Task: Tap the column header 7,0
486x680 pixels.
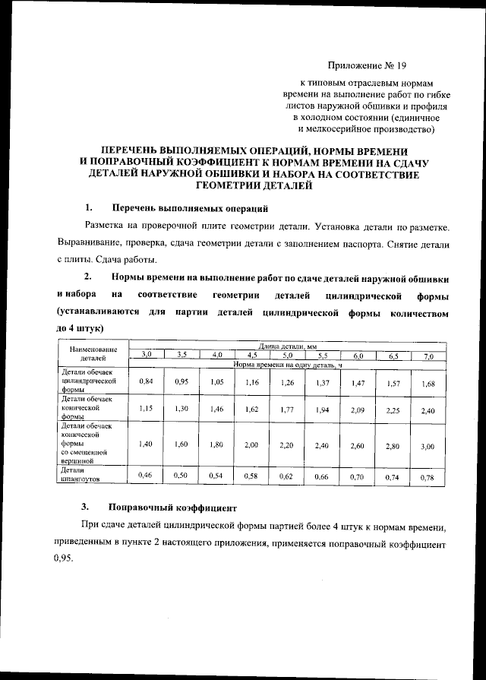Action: coord(428,356)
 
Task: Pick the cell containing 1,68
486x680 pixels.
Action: coord(428,384)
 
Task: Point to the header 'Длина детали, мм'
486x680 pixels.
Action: coord(286,346)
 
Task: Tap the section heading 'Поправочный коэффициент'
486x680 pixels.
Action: coord(174,506)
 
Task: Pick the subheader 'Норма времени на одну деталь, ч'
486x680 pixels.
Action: coord(289,364)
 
